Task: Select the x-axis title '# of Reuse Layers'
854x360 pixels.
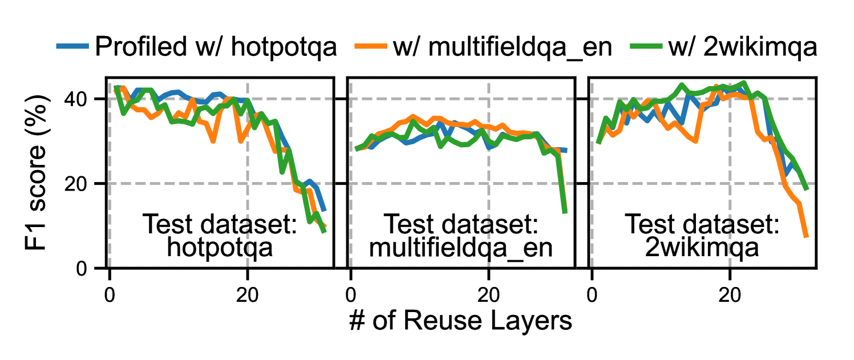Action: (x=460, y=322)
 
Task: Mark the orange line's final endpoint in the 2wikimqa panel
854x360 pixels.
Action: (x=807, y=236)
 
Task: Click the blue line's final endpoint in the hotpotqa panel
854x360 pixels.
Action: (x=325, y=211)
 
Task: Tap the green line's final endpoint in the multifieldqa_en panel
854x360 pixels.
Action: (x=565, y=213)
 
